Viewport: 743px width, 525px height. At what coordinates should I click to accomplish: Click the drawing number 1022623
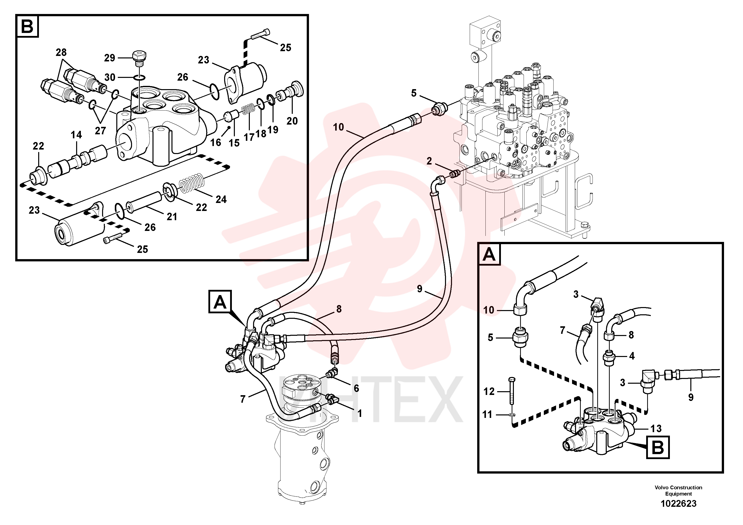(678, 504)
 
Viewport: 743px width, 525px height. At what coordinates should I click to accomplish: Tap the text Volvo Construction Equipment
(678, 490)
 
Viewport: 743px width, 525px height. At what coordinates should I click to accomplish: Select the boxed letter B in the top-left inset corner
(27, 26)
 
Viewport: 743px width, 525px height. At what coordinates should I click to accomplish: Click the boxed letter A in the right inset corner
(489, 254)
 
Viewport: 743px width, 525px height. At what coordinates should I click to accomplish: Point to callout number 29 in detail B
(109, 58)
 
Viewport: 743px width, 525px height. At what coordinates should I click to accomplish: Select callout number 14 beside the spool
(76, 135)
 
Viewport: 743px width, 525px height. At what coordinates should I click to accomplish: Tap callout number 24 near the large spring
(221, 199)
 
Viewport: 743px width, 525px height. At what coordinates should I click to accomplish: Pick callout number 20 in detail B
(292, 121)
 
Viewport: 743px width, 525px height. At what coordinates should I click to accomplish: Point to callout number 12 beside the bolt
(489, 392)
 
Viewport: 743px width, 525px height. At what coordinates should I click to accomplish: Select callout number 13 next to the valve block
(656, 429)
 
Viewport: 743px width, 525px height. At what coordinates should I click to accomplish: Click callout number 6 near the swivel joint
(356, 388)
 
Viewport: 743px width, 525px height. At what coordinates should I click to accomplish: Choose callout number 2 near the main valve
(429, 161)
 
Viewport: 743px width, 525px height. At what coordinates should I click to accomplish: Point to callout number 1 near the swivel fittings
(360, 413)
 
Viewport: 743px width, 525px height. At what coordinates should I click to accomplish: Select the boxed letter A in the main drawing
(220, 302)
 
